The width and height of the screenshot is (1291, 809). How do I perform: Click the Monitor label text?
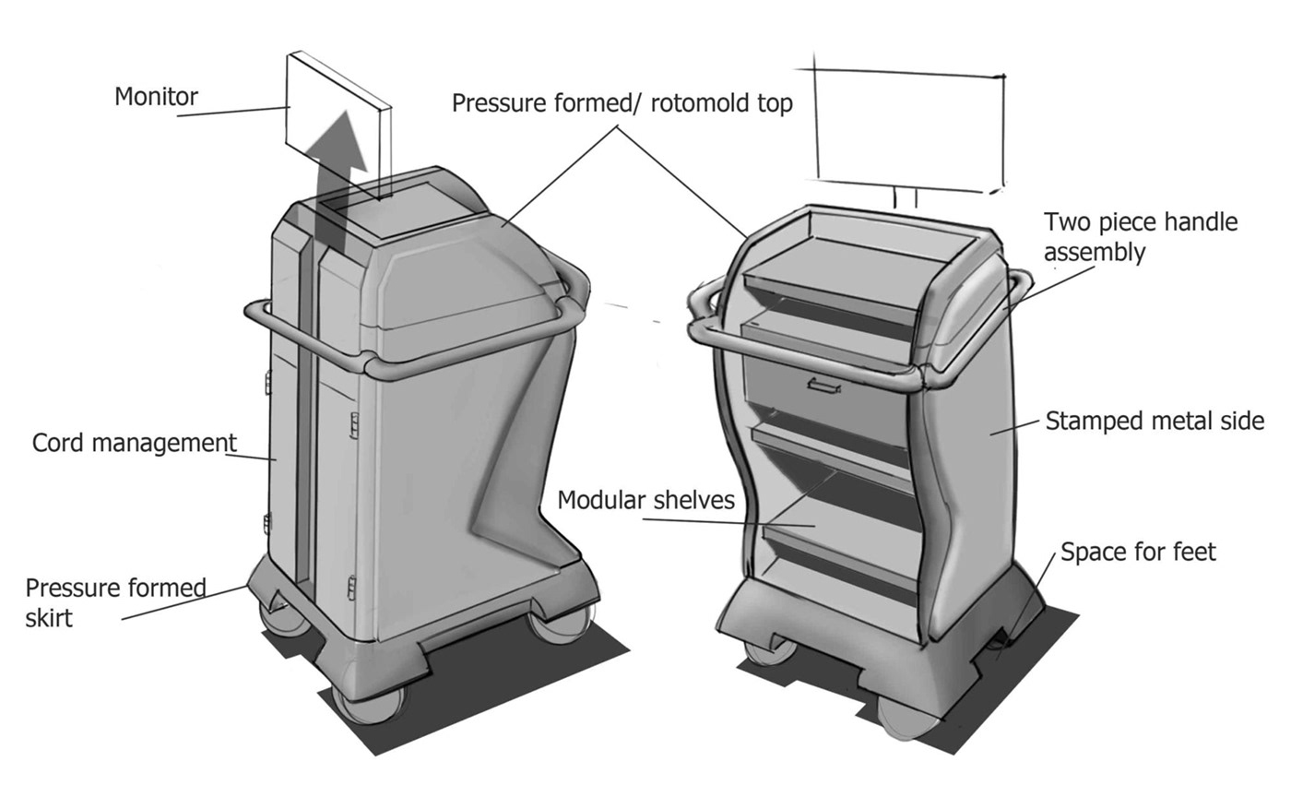coord(156,96)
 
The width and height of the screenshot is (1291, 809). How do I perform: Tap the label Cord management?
coord(134,443)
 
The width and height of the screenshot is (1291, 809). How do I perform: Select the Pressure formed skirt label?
coord(115,602)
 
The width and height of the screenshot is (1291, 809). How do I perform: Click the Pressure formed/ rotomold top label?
coord(622,103)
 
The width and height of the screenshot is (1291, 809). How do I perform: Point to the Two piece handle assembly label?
coord(1140,237)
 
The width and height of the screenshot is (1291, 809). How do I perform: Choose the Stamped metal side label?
coord(1154,422)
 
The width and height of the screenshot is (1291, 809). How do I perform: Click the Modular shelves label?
coord(645,500)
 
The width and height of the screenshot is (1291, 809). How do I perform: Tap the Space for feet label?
coord(1138,552)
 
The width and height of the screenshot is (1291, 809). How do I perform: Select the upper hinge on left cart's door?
coord(354,425)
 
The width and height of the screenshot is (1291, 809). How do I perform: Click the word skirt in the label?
coord(48,617)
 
